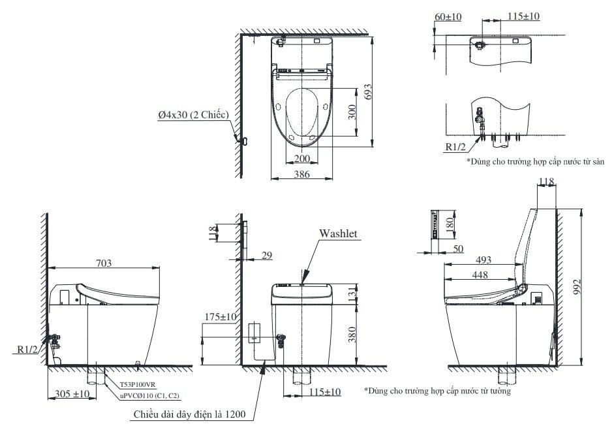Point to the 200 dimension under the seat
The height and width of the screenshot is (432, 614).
click(301, 159)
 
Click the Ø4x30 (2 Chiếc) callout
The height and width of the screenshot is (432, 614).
click(192, 114)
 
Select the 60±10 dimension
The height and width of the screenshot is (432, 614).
click(447, 16)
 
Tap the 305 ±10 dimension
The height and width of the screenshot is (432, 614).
click(71, 394)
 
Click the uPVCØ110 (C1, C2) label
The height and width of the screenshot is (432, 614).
click(149, 395)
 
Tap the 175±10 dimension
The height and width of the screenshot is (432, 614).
click(219, 317)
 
